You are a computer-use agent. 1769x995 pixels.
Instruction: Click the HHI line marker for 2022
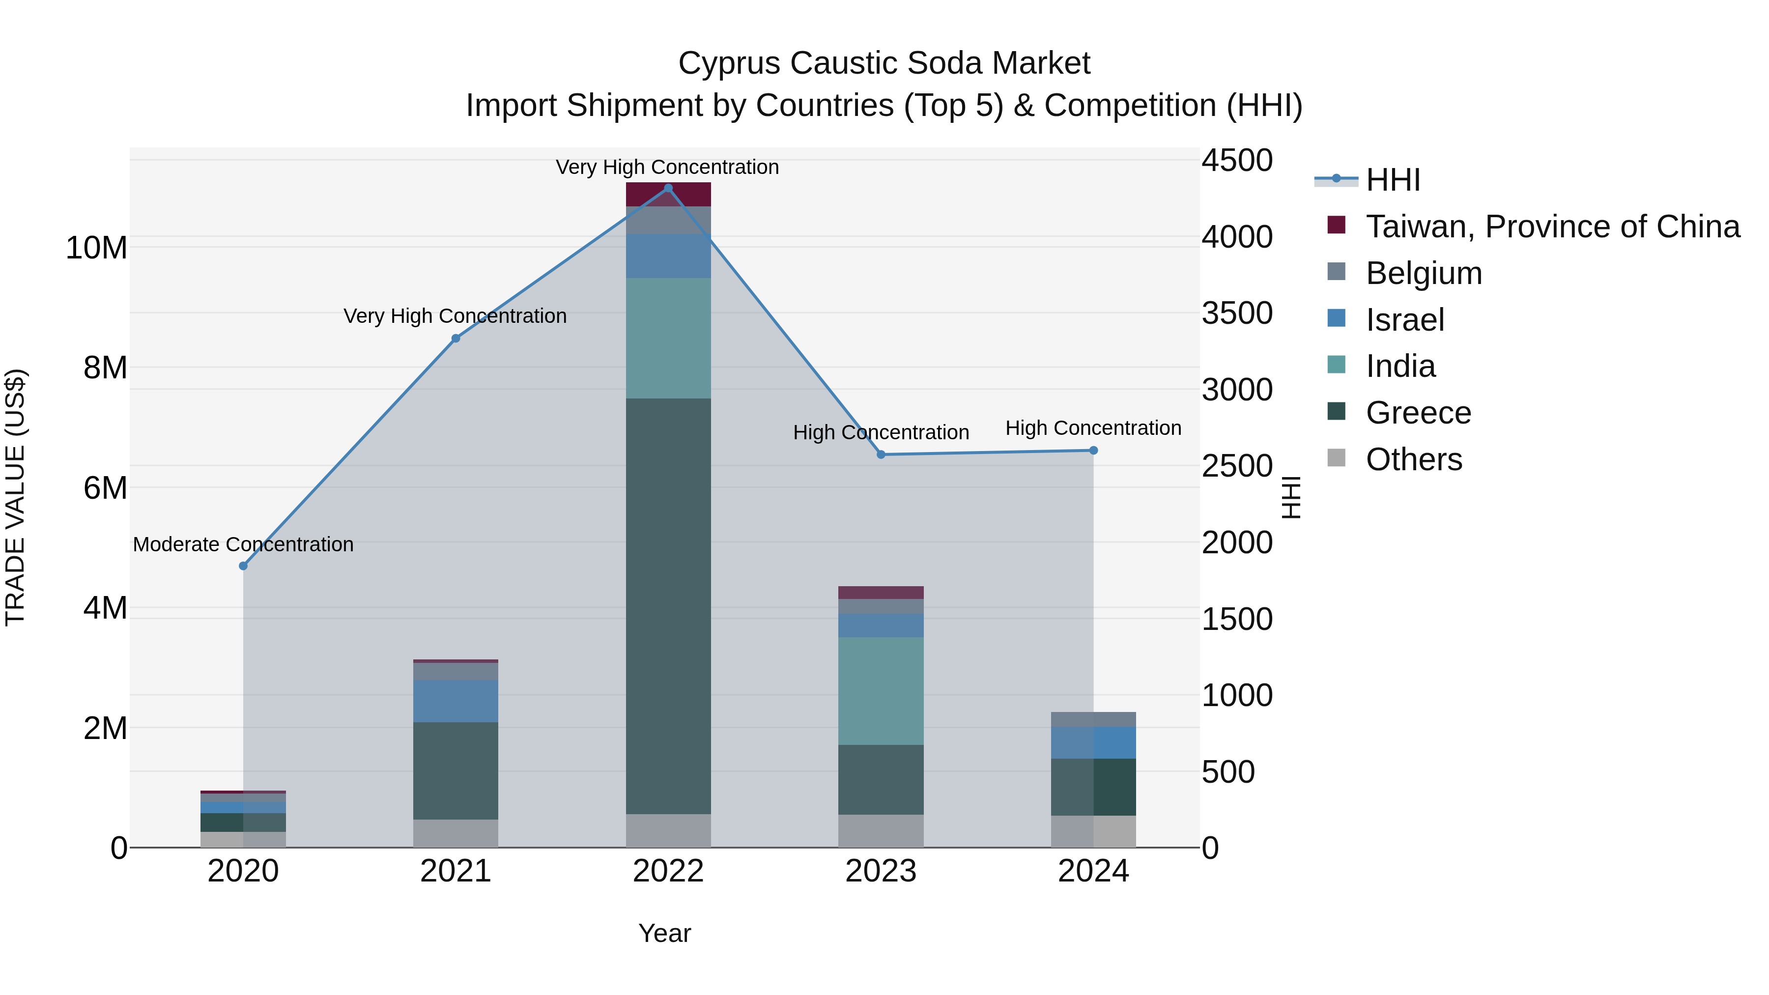(668, 188)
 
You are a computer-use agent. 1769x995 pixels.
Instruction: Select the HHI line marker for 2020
(243, 566)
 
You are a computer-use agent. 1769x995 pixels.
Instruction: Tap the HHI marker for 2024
(1093, 451)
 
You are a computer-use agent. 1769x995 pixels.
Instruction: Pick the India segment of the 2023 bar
(881, 691)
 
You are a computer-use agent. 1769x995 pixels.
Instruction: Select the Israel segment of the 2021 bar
(456, 700)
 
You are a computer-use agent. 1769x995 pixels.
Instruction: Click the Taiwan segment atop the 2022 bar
(668, 194)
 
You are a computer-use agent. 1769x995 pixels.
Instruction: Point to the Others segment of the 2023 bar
(881, 831)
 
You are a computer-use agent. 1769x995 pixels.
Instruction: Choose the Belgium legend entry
(1423, 273)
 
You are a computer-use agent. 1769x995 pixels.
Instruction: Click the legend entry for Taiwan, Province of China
(1552, 227)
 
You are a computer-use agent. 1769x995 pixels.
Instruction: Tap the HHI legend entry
(1393, 180)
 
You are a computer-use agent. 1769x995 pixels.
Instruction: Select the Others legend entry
(1413, 459)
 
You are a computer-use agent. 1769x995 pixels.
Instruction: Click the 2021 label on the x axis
(456, 871)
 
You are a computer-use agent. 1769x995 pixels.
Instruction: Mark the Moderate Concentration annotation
(243, 544)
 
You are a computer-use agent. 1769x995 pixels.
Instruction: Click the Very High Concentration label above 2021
(456, 316)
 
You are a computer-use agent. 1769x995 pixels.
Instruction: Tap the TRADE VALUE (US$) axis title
(15, 497)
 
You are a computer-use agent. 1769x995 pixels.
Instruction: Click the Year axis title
(664, 933)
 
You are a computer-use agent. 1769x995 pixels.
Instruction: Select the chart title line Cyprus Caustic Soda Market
(884, 63)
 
